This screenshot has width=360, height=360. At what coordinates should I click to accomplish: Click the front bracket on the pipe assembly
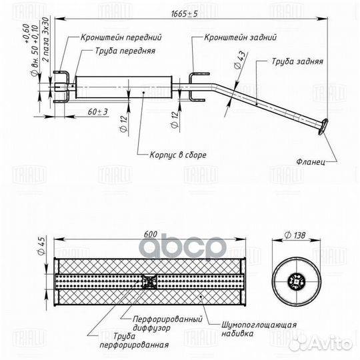[62, 85]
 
